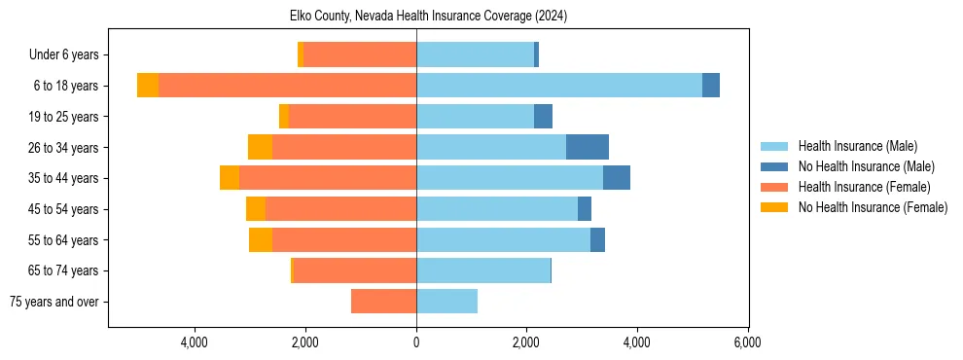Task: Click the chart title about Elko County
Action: coord(428,16)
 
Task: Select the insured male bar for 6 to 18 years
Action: coord(559,86)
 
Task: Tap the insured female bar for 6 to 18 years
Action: coord(287,86)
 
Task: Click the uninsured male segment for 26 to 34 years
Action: coord(588,147)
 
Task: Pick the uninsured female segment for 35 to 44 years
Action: coord(230,178)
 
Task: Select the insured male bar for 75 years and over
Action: coord(446,302)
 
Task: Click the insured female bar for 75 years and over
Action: coord(383,302)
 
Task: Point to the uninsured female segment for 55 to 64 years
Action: coord(261,239)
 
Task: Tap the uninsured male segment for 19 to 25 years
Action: coord(543,117)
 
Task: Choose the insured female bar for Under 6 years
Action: coord(360,54)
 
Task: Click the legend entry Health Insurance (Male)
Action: coord(857,146)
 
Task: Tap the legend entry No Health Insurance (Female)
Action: coord(873,207)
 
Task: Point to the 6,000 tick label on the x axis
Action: coord(747,342)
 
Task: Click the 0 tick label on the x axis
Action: coord(416,342)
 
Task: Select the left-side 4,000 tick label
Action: coord(195,342)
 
